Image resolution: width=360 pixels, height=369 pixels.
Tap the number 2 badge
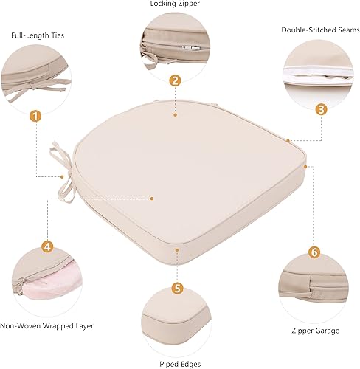(175, 80)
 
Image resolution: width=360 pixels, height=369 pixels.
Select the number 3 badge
(320, 109)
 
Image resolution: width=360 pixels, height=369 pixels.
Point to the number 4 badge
(47, 246)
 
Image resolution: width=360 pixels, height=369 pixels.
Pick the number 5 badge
(177, 288)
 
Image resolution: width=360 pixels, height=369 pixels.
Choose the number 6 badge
(314, 252)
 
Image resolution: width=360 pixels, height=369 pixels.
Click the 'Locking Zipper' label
(175, 5)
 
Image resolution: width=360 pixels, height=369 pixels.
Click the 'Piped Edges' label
(175, 364)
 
